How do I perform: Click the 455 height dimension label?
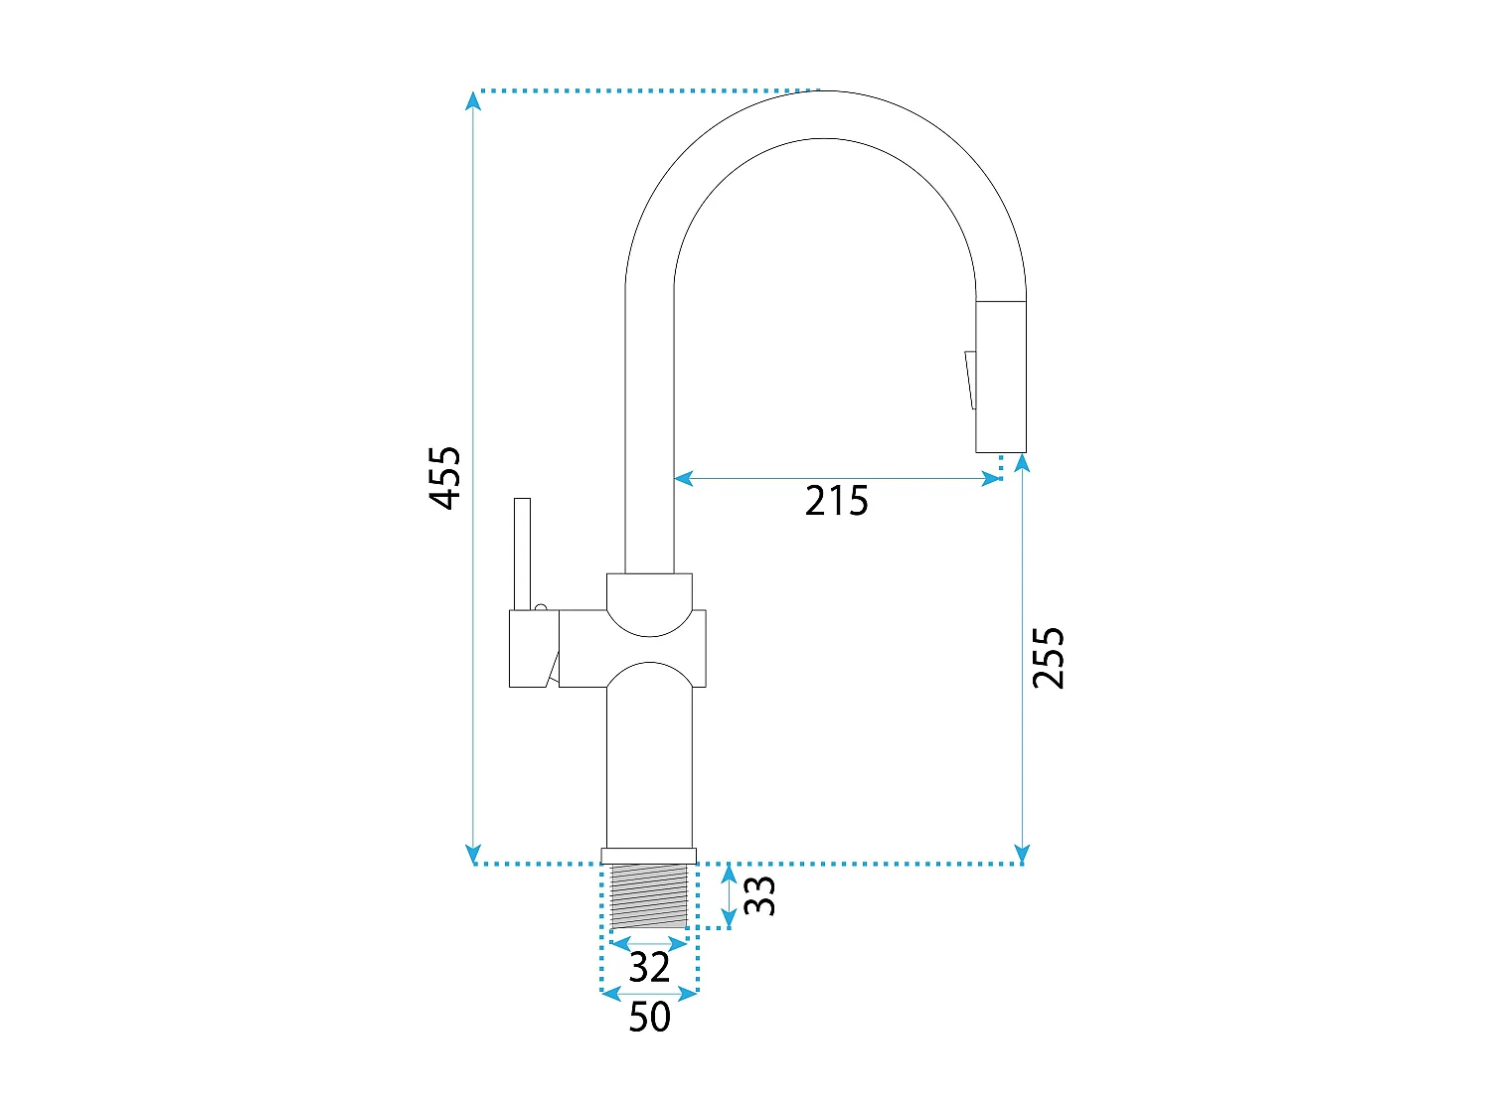445,477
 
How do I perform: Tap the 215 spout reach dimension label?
836,501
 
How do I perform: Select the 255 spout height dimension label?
1048,657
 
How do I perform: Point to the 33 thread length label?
758,895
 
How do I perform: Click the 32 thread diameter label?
649,967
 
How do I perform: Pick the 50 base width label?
649,1017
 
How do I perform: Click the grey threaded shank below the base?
649,895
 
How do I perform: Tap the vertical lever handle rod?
522,554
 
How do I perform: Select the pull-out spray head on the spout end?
1001,376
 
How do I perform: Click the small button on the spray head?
971,381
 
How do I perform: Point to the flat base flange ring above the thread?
649,856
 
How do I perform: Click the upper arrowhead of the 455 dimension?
473,101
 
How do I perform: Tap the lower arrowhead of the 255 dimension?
1022,854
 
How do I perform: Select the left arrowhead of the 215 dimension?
683,479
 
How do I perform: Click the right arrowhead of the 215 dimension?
992,479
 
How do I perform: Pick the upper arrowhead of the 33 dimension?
729,874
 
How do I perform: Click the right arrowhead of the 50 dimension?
688,994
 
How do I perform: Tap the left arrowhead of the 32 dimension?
620,943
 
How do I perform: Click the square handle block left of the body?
534,648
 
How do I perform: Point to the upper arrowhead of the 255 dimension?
1022,463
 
